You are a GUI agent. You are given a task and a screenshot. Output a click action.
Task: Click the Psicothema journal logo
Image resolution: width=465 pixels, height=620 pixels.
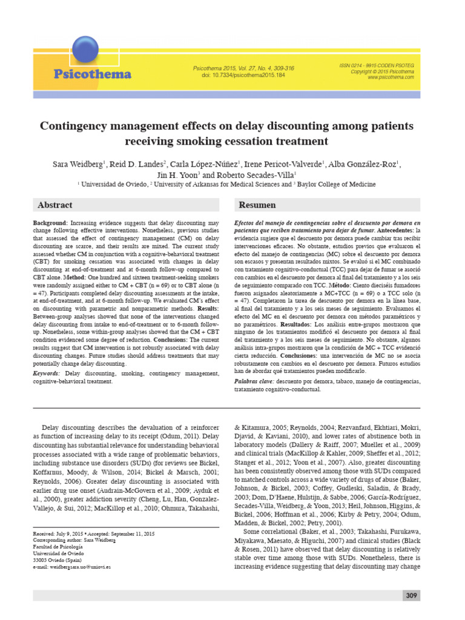[92, 74]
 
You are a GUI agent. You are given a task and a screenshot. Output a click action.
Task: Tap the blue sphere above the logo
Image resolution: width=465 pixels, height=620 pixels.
[84, 50]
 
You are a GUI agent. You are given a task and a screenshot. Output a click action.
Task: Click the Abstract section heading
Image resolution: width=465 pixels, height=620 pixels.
[55, 205]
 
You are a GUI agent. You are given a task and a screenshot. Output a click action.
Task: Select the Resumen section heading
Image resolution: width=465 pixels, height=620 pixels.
[257, 205]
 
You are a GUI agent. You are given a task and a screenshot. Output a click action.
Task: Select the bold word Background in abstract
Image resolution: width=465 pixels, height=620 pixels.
[51, 223]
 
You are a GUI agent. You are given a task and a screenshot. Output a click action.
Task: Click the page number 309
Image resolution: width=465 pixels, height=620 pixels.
[412, 596]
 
